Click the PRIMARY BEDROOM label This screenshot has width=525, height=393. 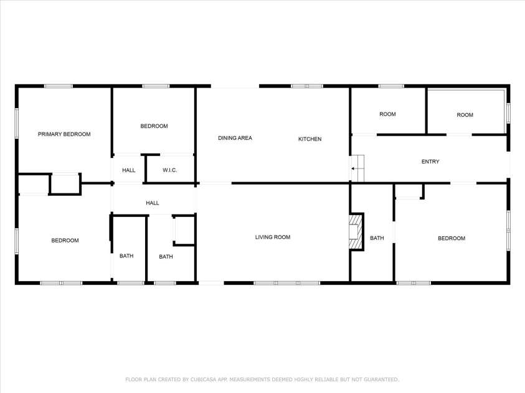[x=64, y=134]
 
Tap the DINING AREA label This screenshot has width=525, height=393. [x=235, y=138]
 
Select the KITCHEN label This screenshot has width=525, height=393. [x=310, y=139]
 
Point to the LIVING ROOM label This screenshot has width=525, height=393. [x=273, y=237]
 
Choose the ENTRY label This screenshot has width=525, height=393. [x=430, y=162]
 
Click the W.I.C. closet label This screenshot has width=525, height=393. [x=171, y=170]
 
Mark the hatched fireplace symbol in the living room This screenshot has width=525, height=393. [x=356, y=231]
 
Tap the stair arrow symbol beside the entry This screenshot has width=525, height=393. [x=357, y=169]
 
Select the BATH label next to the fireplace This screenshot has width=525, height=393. [x=377, y=238]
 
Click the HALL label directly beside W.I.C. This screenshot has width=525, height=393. [x=128, y=170]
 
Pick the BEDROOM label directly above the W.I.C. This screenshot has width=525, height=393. [x=154, y=126]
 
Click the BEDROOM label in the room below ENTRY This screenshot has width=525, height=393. [x=452, y=238]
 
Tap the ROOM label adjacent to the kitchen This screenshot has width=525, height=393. [x=387, y=114]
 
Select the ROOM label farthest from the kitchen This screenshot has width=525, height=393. [x=465, y=115]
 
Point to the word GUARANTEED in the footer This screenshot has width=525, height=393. [x=377, y=379]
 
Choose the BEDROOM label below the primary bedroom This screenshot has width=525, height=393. [x=65, y=241]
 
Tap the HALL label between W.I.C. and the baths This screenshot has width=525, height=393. [x=152, y=203]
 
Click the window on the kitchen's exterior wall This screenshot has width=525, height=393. [x=307, y=86]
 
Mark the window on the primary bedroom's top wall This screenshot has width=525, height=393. [x=58, y=86]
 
